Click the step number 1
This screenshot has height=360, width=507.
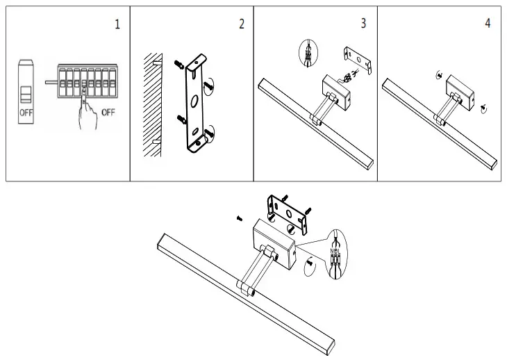coord(117,24)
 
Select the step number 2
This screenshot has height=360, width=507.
coord(241,24)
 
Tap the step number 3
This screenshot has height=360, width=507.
coord(363,24)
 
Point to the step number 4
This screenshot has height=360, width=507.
coord(488,24)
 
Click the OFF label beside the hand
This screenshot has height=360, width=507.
coord(108,112)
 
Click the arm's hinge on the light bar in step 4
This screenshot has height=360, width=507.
coord(439,122)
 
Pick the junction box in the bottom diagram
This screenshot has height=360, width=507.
coord(272,238)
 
